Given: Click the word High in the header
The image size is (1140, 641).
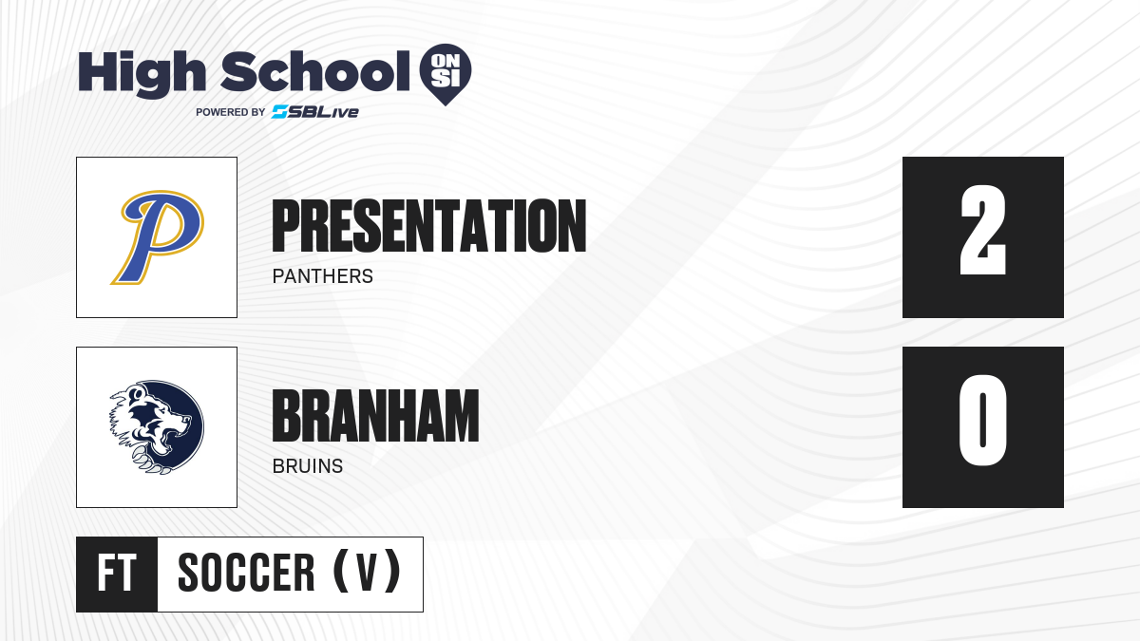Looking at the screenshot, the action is coord(142,73).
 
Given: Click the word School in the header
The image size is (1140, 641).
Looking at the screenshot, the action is coord(315,71).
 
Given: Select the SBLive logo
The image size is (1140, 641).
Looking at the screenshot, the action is coord(315,112).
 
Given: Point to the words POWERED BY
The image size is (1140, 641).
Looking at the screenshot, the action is coord(231,112).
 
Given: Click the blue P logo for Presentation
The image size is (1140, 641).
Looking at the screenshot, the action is coord(158,237).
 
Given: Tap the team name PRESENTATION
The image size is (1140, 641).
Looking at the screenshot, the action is coord(429,226).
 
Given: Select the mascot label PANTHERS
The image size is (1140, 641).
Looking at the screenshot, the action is coord(323,276).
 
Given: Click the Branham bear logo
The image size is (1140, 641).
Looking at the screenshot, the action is coord(157,427).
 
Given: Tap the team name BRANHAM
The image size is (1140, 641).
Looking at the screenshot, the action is coord(375,416).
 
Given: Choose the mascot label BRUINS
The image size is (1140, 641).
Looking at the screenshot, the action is coord(308,466).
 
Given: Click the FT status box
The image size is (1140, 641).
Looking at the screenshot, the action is coord(117,575).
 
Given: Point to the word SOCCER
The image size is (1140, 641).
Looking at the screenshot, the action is coord(246,573).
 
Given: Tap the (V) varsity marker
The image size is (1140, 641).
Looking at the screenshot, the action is coord(367,572).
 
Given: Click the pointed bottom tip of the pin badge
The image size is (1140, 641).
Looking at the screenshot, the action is coord(446,105).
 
